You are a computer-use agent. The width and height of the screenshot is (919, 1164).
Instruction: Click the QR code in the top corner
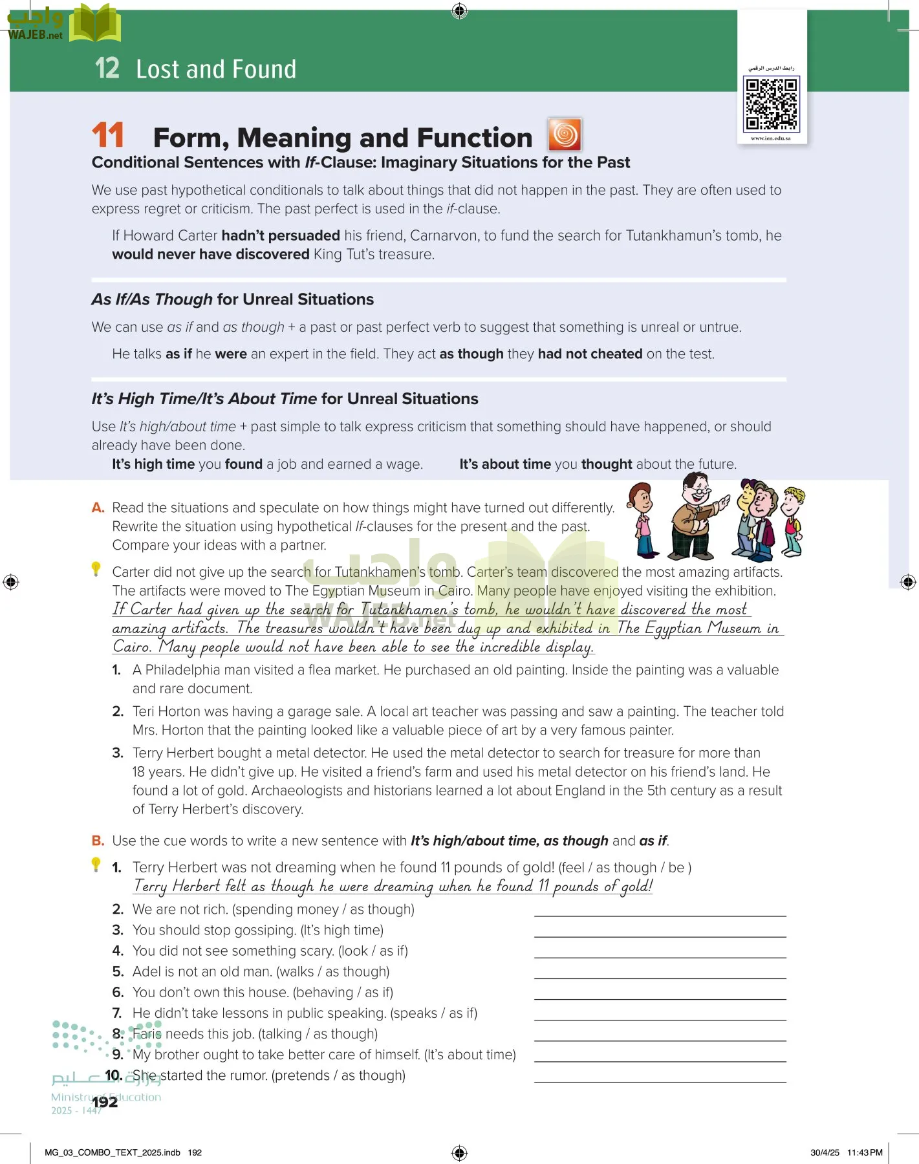(772, 103)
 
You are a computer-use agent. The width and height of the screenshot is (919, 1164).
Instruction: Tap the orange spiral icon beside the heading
(565, 135)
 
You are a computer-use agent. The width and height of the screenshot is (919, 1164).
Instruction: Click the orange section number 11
(107, 136)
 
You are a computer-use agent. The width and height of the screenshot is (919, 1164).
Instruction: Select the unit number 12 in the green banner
(107, 69)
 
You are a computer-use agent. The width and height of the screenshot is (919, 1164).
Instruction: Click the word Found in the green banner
(264, 69)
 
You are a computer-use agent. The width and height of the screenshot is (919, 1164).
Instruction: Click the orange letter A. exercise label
(98, 508)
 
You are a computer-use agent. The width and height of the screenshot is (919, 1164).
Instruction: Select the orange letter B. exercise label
(98, 841)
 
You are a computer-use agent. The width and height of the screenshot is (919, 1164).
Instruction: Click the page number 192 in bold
(105, 1102)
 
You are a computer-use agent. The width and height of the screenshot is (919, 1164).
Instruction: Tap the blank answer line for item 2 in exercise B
(660, 914)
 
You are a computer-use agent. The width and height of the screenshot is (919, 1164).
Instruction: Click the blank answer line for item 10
(660, 1081)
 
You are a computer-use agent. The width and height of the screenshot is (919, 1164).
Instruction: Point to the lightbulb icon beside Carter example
(96, 569)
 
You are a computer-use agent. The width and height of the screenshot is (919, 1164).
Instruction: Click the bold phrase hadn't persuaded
(281, 235)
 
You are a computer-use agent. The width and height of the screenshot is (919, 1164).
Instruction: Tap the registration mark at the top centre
(459, 10)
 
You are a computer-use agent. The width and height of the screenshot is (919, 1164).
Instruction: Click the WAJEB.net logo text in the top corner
(35, 35)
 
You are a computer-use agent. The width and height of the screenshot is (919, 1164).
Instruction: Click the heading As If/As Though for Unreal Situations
(233, 299)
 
